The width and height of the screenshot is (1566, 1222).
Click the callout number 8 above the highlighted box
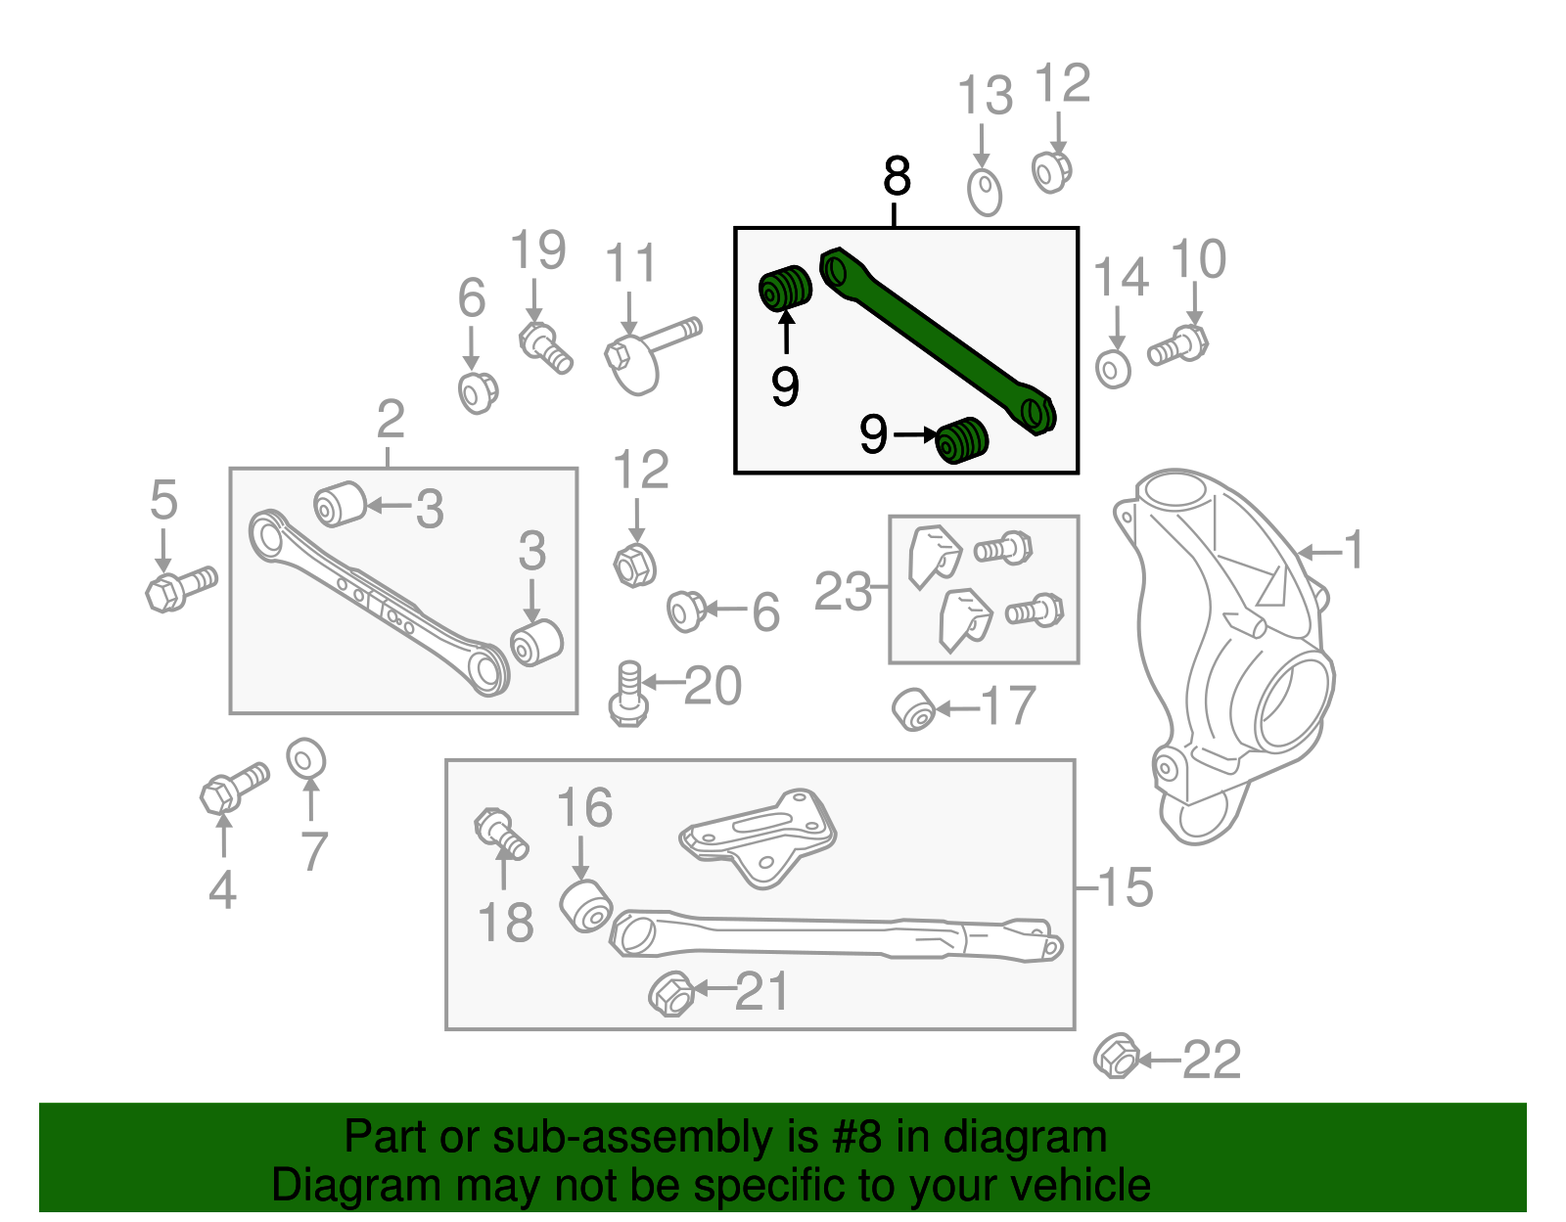tap(897, 177)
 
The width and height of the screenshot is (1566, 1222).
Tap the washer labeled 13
tap(985, 192)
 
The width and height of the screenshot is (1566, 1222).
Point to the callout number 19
tap(537, 250)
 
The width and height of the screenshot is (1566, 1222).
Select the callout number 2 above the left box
tap(390, 420)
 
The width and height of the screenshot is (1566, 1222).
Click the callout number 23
tap(843, 592)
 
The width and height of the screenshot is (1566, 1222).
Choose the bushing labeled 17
tap(915, 709)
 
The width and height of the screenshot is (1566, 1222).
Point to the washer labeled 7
tap(306, 758)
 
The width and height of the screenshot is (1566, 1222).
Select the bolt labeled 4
tap(233, 788)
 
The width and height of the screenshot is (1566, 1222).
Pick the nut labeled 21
tap(671, 994)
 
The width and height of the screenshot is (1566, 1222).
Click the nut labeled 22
tap(1116, 1057)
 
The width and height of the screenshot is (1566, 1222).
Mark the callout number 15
tap(1126, 887)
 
